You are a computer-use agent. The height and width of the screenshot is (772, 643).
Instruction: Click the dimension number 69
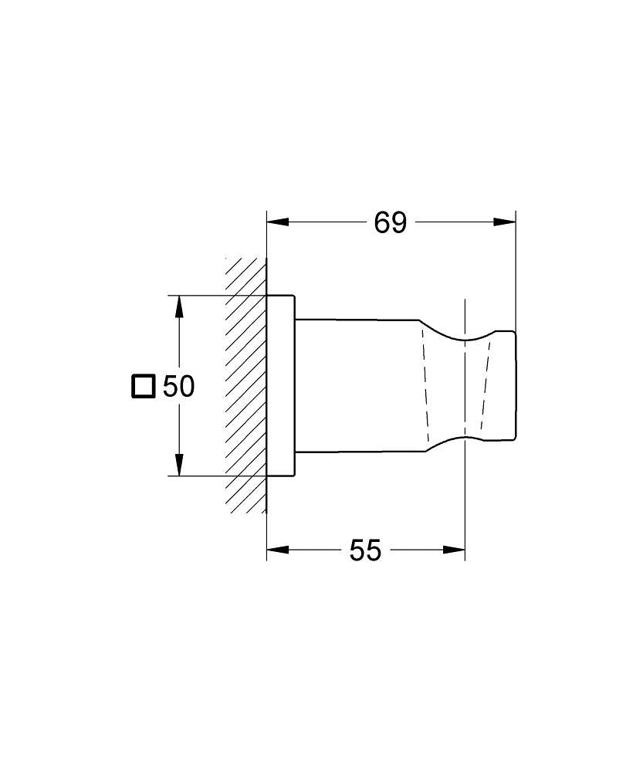(390, 222)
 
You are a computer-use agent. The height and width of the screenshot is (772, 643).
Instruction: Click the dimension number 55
(365, 550)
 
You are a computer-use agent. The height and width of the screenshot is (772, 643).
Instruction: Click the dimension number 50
(178, 386)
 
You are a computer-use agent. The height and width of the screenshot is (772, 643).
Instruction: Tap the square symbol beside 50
(144, 386)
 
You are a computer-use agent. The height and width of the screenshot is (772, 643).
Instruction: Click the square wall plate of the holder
(280, 386)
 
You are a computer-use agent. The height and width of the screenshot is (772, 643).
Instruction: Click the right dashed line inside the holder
(486, 386)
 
